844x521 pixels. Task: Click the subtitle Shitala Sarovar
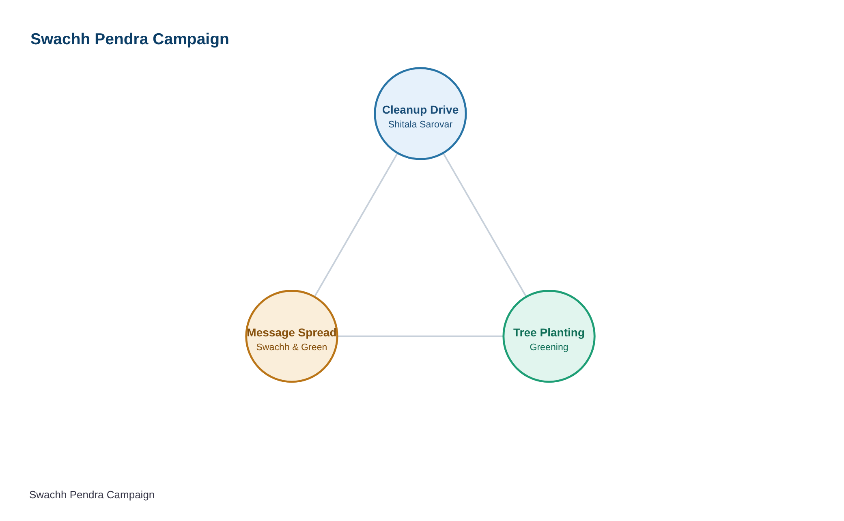[420, 125]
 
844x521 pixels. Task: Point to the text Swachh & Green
[292, 347]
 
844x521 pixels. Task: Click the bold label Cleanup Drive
[420, 110]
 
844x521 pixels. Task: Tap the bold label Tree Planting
[549, 333]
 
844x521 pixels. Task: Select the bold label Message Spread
[292, 333]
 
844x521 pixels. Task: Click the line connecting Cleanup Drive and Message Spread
[356, 225]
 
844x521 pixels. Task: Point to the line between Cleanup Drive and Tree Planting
[485, 225]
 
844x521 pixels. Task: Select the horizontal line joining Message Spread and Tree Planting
[420, 336]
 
